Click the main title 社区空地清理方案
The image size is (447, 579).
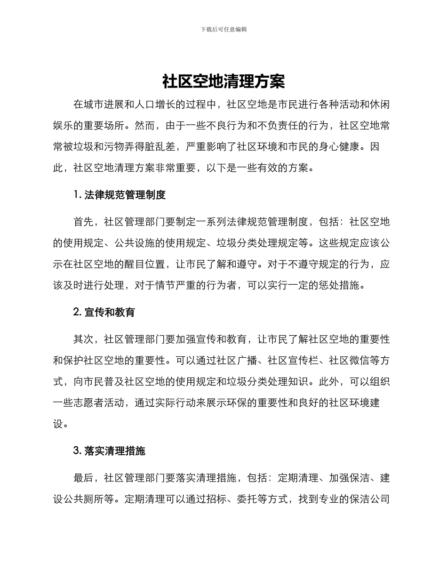tap(223, 81)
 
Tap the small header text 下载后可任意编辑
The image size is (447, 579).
tap(223, 29)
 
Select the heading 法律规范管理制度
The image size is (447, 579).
tap(125, 195)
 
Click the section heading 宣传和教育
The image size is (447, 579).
tap(110, 312)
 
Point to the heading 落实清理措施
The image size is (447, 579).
tap(114, 450)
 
